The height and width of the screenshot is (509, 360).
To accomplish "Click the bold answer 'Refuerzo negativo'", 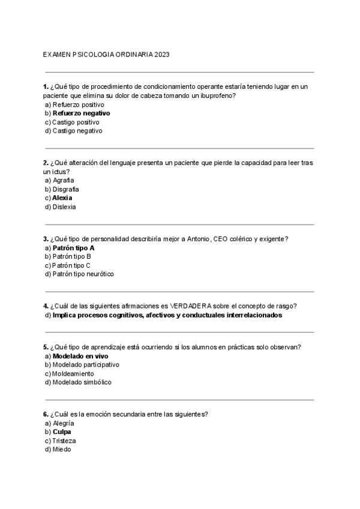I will tap(81, 113).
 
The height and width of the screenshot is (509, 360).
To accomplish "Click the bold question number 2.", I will tap(46, 163).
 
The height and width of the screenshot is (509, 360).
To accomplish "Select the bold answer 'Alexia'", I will tap(62, 197).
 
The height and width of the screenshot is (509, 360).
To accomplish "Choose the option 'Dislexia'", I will tap(64, 206).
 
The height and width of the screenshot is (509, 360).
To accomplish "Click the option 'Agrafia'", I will tap(64, 180).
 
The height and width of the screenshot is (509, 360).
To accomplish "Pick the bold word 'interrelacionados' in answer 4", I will tap(250, 315).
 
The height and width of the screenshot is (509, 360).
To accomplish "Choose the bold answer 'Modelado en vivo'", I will tap(80, 355).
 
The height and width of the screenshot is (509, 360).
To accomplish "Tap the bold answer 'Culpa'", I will tap(62, 432).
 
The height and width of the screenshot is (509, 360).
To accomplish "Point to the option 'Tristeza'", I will tap(64, 441).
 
